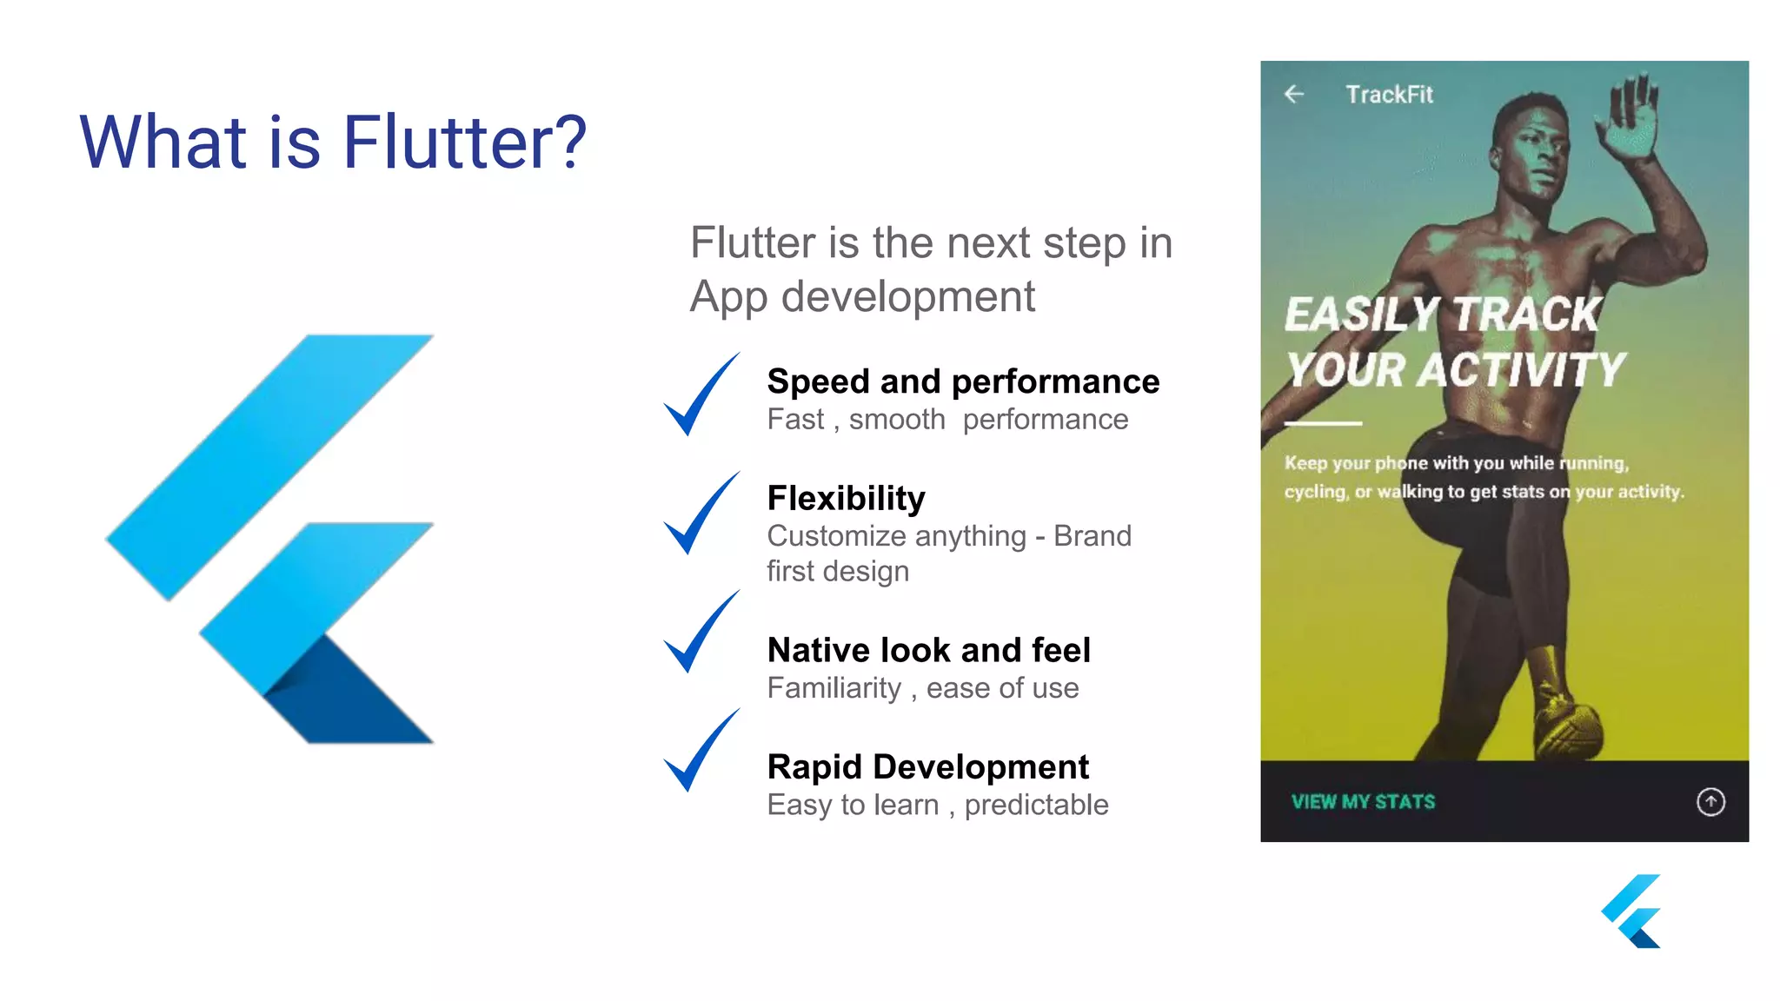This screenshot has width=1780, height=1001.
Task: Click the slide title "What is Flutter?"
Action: coord(333,142)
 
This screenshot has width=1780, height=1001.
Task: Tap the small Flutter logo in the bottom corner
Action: coord(1631,911)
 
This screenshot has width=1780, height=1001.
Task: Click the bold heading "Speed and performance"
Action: coord(963,381)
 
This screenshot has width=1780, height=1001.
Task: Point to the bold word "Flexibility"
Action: coord(846,498)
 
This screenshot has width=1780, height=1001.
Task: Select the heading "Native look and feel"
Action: coord(928,650)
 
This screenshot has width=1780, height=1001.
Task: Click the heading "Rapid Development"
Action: coord(927,766)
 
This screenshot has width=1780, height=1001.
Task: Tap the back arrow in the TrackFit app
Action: coord(1294,94)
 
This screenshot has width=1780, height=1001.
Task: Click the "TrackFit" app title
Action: coord(1389,95)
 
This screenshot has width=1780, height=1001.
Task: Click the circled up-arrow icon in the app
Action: coord(1710,801)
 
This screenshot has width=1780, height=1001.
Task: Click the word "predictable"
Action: coord(1036,805)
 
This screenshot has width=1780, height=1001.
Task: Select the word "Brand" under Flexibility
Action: coord(1092,536)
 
